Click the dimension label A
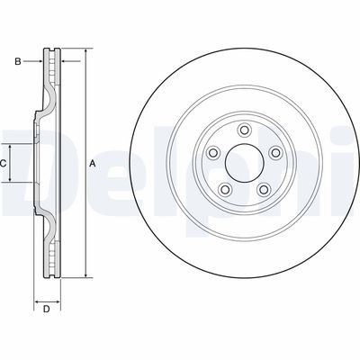(93, 164)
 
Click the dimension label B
(18, 62)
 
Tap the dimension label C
(3, 164)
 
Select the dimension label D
(46, 310)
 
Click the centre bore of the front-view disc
(245, 163)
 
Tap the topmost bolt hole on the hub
(244, 130)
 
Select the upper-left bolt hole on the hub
(213, 153)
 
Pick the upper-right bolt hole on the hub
(275, 153)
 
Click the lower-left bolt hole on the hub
(225, 189)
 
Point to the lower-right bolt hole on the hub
(264, 189)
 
